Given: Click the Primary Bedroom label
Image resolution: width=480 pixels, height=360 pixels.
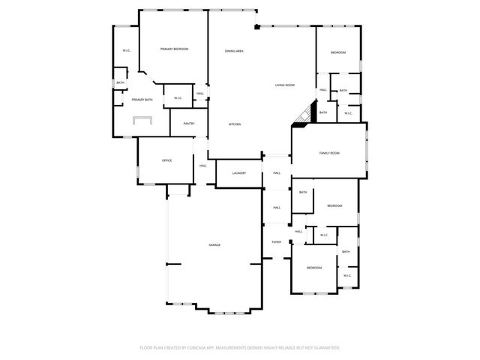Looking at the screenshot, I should tap(174, 49).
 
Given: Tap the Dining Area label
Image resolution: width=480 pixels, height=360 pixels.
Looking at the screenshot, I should tap(234, 51).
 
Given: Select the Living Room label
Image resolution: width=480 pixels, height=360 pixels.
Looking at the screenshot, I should tap(284, 85).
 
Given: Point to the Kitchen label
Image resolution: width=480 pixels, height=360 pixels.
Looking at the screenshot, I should tap(235, 124).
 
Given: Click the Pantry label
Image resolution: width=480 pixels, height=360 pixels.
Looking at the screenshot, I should tap(189, 124).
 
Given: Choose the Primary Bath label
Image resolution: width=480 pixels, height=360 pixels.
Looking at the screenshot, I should tap(142, 100).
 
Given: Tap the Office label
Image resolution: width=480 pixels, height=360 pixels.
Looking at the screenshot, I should tap(167, 160).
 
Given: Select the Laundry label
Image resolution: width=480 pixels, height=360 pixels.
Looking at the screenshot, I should tap(238, 173).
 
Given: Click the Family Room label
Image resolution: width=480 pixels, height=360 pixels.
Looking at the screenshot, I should tap(329, 153).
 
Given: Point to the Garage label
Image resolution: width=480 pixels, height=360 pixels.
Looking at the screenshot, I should tap(214, 245).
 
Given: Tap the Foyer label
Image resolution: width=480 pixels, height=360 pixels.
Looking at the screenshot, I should tap(277, 242).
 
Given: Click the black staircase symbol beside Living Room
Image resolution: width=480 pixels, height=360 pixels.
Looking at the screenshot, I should tap(301, 115).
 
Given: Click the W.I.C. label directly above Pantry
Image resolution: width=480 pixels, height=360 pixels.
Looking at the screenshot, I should tap(178, 98).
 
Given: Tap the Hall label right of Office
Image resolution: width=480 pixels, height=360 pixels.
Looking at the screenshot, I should tap(203, 166).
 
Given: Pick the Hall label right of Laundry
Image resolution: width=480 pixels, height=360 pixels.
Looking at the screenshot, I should tap(277, 173).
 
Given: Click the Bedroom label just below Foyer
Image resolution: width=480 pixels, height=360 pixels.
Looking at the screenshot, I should tap(313, 268).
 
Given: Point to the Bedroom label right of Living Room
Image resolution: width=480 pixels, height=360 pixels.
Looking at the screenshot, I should tap(339, 52).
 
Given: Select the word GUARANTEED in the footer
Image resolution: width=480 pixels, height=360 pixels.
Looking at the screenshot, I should tap(323, 348).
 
